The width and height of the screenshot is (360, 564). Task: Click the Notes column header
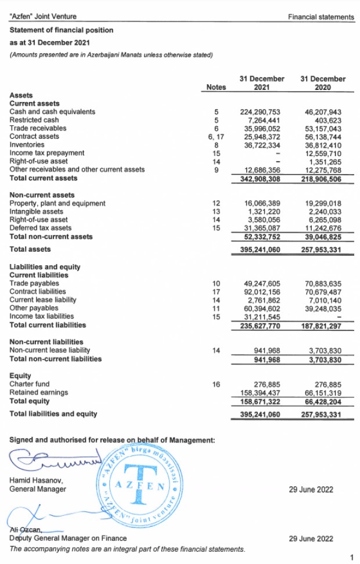pyautogui.click(x=216, y=87)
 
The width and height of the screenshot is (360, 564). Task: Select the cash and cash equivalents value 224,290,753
pyautogui.click(x=260, y=111)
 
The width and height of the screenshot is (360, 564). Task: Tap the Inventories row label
pyautogui.click(x=27, y=144)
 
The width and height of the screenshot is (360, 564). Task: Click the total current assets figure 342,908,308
pyautogui.click(x=260, y=178)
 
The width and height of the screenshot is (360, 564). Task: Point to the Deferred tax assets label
pyautogui.click(x=41, y=228)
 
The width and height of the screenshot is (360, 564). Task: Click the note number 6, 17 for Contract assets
pyautogui.click(x=216, y=136)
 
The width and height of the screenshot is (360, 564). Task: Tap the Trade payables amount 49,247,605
pyautogui.click(x=260, y=283)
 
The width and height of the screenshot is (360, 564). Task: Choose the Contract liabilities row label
pyautogui.click(x=38, y=291)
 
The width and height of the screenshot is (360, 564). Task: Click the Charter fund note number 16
pyautogui.click(x=216, y=384)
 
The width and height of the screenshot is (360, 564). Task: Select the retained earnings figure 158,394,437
pyautogui.click(x=260, y=393)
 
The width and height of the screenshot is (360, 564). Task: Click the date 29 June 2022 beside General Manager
pyautogui.click(x=311, y=490)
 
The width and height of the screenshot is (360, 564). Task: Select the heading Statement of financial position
pyautogui.click(x=62, y=30)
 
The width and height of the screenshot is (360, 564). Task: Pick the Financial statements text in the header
pyautogui.click(x=321, y=17)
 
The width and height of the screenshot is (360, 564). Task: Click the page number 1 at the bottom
pyautogui.click(x=352, y=558)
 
